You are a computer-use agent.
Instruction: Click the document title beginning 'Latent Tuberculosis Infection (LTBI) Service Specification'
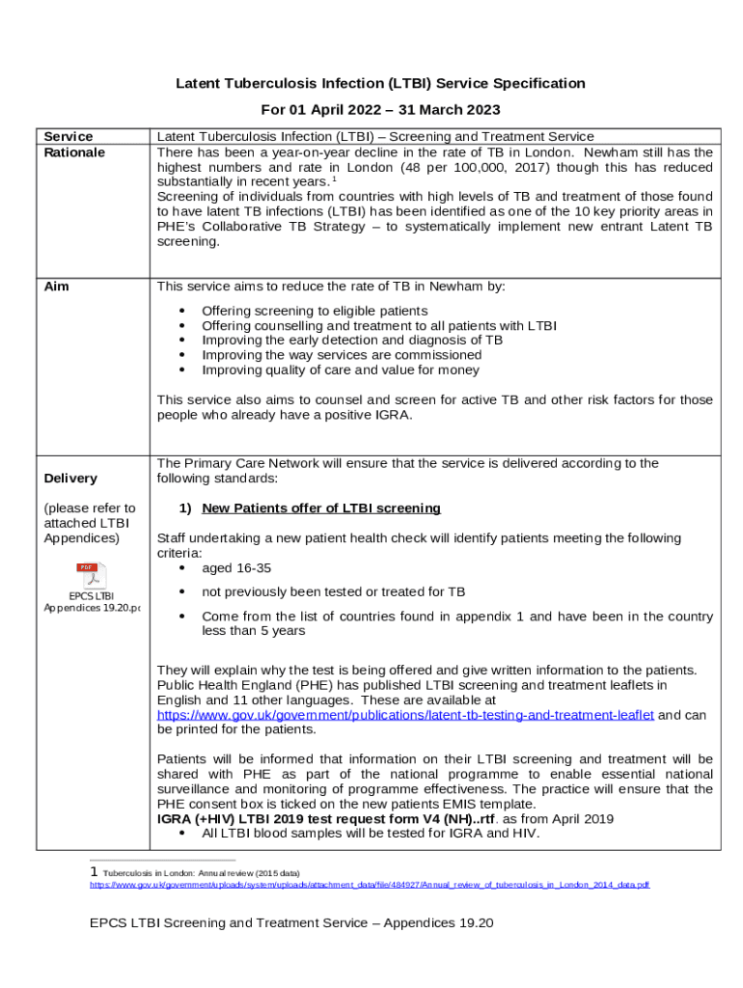point(380,84)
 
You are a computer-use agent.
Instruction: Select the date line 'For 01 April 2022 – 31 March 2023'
point(380,110)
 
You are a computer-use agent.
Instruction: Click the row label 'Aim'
point(57,287)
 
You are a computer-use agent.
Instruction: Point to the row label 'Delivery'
point(70,479)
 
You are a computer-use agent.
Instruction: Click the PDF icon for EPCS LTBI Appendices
point(92,575)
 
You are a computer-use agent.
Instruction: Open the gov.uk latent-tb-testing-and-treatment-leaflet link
point(405,715)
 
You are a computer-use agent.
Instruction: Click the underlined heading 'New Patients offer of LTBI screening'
point(320,508)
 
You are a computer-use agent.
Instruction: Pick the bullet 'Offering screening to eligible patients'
point(314,311)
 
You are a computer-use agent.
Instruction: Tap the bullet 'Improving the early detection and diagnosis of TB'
point(351,341)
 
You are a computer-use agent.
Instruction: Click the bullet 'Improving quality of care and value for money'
point(340,370)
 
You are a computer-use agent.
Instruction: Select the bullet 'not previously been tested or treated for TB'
point(333,591)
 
